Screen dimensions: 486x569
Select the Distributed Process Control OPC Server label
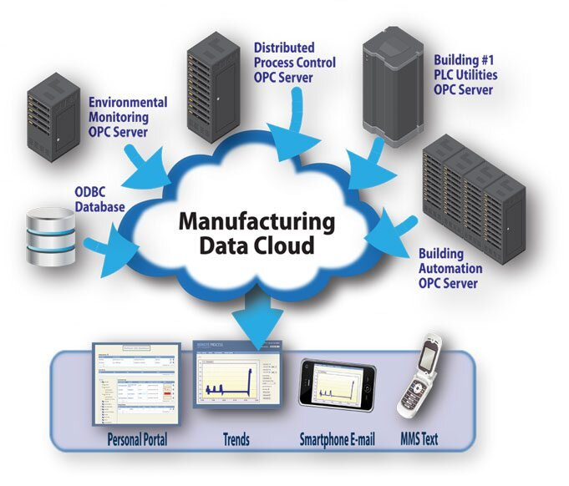coord(295,63)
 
